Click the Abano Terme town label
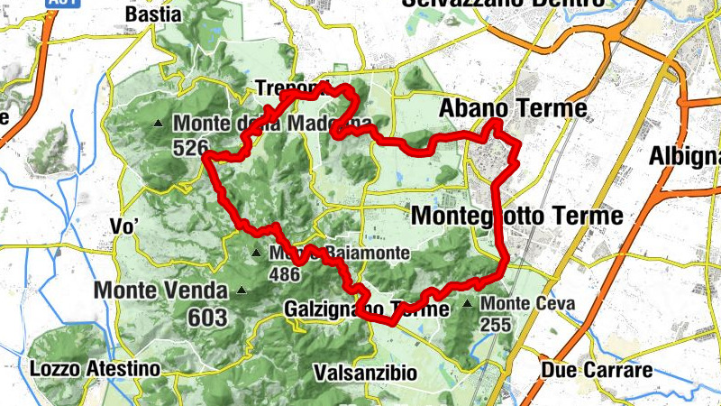[x=513, y=109]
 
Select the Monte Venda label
[x=160, y=291]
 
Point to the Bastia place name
[x=153, y=14]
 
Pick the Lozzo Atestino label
[x=95, y=369]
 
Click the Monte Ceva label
[x=528, y=304]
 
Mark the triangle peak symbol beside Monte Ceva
[x=467, y=304]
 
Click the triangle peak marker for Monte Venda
[x=241, y=291]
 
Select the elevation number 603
[x=207, y=317]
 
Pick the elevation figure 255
[x=497, y=324]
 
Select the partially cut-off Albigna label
[x=684, y=156]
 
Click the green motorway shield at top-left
[x=62, y=4]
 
